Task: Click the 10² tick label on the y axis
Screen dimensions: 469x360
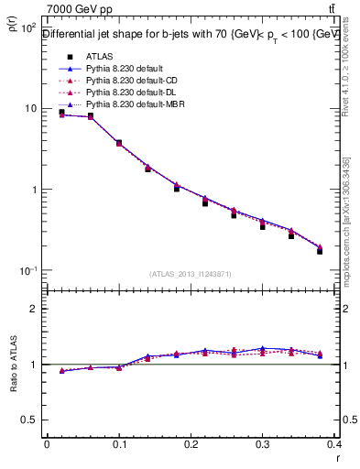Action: point(28,27)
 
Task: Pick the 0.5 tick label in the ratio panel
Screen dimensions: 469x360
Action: point(31,420)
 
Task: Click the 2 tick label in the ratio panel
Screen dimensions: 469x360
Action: point(35,309)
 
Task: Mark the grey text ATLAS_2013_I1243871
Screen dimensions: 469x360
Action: point(191,274)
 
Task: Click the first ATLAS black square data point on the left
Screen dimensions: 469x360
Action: point(61,112)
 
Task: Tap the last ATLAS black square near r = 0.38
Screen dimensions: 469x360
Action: point(320,250)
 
